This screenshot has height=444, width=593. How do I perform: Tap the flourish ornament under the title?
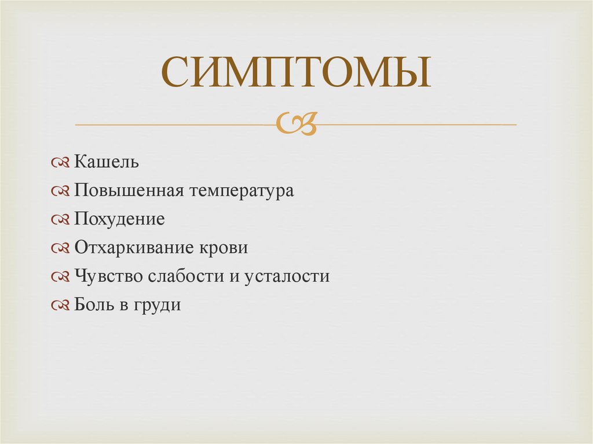[x=296, y=123]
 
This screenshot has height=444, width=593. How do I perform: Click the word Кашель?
[x=107, y=162]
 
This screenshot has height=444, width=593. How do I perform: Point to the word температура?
[x=241, y=190]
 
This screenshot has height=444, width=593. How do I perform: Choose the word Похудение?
[x=119, y=219]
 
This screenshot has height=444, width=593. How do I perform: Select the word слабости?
[x=185, y=276]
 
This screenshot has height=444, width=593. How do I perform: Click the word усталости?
[x=287, y=276]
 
